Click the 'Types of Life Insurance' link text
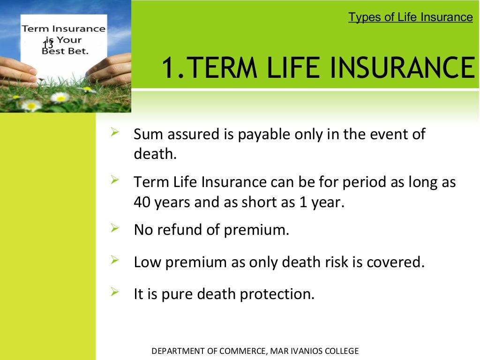[411, 17]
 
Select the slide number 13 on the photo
[48, 45]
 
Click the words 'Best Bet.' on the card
[65, 51]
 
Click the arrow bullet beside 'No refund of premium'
[114, 228]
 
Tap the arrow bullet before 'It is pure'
[114, 292]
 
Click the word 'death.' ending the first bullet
[155, 154]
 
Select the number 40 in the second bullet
[142, 202]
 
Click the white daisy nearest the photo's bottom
[31, 105]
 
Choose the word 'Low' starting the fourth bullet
[144, 262]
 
